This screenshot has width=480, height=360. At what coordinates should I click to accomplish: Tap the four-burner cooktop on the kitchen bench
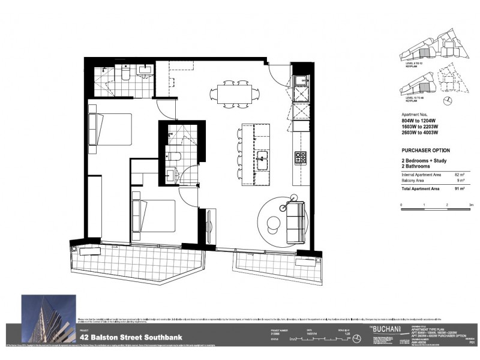coord(300,158)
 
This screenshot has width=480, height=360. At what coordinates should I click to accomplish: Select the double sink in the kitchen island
coord(262,161)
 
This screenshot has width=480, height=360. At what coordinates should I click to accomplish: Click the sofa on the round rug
coord(295,222)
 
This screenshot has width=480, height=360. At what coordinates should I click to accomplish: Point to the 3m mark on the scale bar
coord(472,205)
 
